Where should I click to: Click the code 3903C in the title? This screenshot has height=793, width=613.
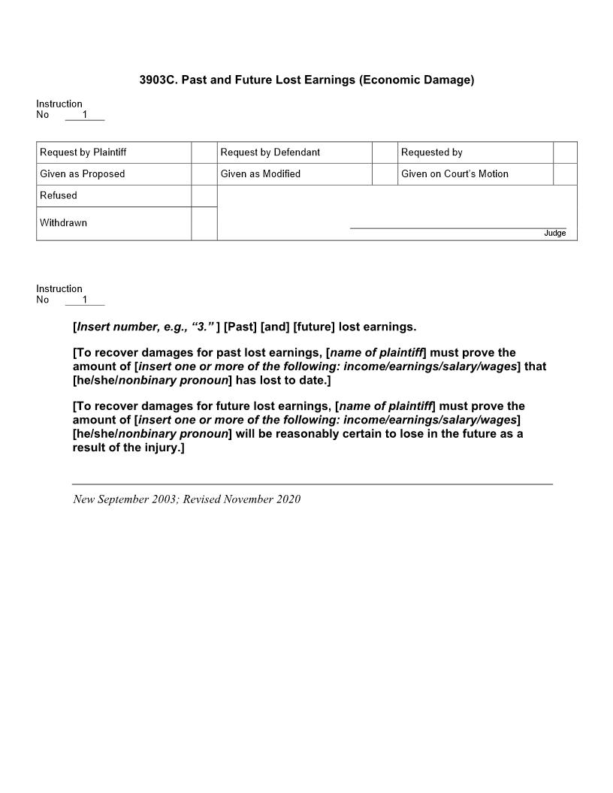(x=158, y=80)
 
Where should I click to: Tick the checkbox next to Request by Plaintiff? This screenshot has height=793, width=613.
(x=204, y=152)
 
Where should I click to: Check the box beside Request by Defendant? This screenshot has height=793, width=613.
(x=385, y=152)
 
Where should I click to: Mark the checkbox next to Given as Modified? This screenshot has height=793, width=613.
(x=385, y=174)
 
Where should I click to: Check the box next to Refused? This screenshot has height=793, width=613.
(x=204, y=196)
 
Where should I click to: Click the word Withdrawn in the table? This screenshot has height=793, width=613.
(x=63, y=223)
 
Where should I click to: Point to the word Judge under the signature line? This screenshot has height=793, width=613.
(x=554, y=234)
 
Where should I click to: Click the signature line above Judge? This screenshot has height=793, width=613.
(x=458, y=227)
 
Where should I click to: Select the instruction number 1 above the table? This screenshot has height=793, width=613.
(x=85, y=115)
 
